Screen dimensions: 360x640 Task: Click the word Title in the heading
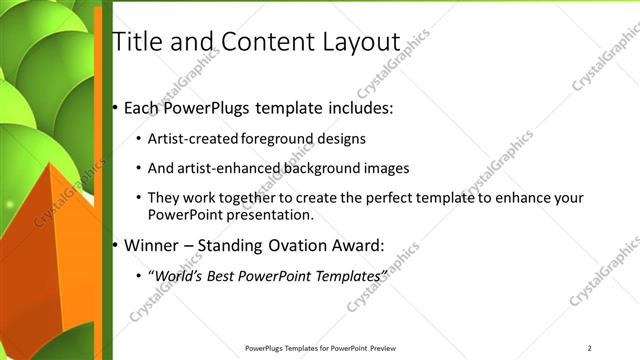[136, 42]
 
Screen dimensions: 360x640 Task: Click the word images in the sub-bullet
[382, 168]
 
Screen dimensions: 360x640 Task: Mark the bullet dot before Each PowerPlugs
[115, 107]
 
